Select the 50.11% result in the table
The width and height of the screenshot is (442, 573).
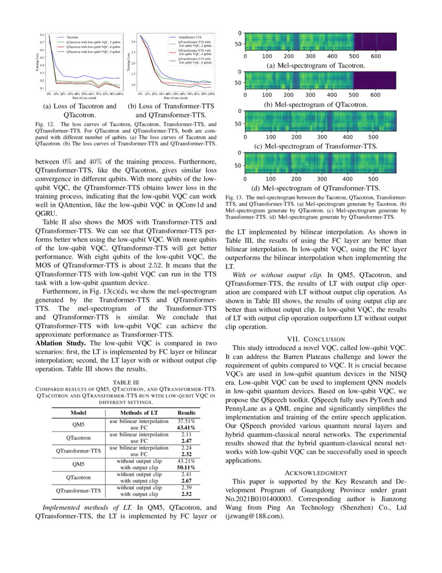186,468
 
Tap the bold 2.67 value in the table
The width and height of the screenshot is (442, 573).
186,481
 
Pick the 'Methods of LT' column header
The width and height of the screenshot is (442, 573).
139,412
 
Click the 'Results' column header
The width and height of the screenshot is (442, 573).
186,412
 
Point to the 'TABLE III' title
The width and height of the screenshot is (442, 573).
125,382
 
